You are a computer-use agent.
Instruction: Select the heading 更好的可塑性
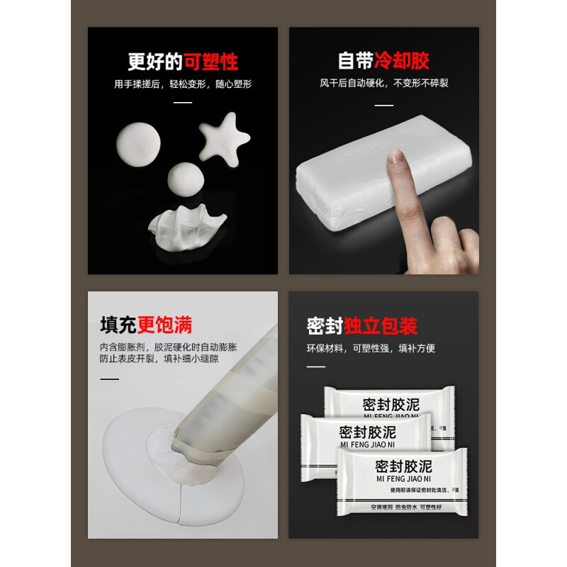pos(182,62)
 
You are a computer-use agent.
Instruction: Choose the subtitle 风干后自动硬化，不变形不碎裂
pos(383,84)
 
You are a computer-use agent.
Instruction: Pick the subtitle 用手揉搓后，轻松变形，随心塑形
pos(183,84)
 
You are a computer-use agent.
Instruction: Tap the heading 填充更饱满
pos(145,326)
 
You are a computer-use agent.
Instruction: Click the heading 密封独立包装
pos(362,326)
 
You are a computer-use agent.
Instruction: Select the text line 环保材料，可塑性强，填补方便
pos(371,349)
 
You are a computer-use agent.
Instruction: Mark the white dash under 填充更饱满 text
pos(109,378)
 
